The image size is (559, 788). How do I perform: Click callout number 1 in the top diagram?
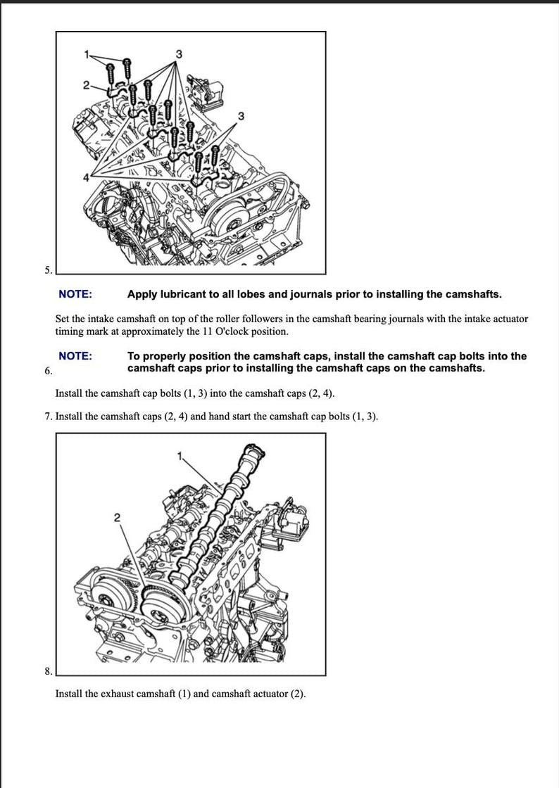(87, 54)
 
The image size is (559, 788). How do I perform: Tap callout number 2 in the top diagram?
(86, 85)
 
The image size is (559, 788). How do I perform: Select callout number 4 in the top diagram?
(87, 177)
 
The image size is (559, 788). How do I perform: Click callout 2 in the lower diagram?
(117, 517)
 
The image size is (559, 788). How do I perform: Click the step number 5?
(48, 270)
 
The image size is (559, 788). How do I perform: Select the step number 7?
(48, 417)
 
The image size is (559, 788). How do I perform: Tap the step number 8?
(48, 671)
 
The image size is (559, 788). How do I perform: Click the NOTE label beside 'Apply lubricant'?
(75, 294)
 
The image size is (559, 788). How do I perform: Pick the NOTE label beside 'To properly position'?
(75, 356)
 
